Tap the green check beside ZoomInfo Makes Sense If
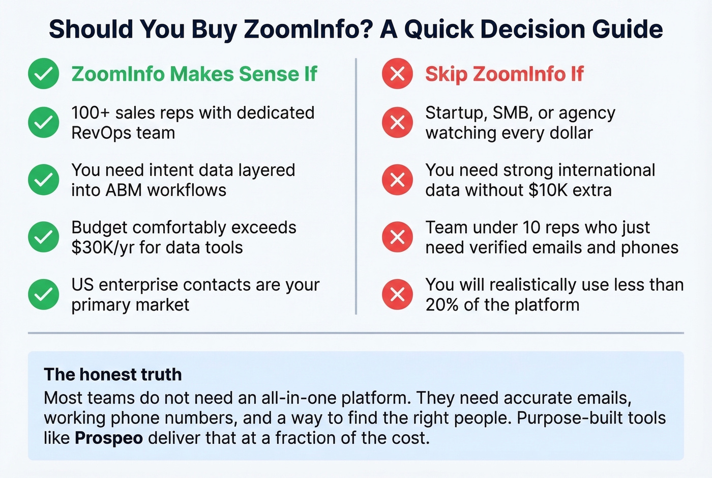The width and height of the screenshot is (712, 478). point(43,74)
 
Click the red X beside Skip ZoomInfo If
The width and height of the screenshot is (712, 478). point(397,74)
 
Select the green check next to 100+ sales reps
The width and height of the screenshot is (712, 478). point(43,122)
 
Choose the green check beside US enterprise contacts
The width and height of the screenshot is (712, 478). point(43,294)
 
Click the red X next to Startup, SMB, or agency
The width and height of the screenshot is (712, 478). point(397,122)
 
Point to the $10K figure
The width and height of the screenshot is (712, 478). point(548,190)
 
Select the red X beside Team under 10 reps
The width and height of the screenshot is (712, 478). point(397,237)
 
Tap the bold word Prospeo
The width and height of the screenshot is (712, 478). point(108,438)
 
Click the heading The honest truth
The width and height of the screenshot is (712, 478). point(112,375)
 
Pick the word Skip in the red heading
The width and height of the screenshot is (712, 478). point(446,74)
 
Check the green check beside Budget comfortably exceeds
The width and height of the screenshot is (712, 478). point(43,237)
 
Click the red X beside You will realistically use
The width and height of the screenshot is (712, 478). point(397,294)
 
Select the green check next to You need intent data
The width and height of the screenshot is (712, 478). point(43,180)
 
